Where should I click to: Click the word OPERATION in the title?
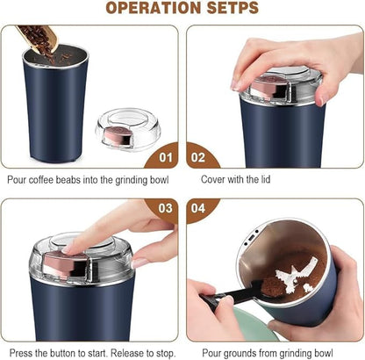coord(150,10)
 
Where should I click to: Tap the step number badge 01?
coord(162,158)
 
